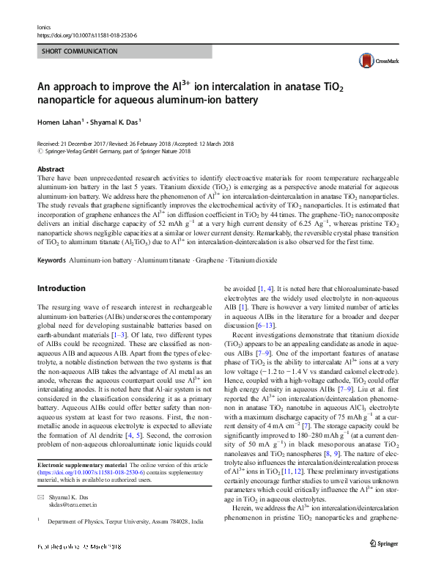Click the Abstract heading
(50, 169)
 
